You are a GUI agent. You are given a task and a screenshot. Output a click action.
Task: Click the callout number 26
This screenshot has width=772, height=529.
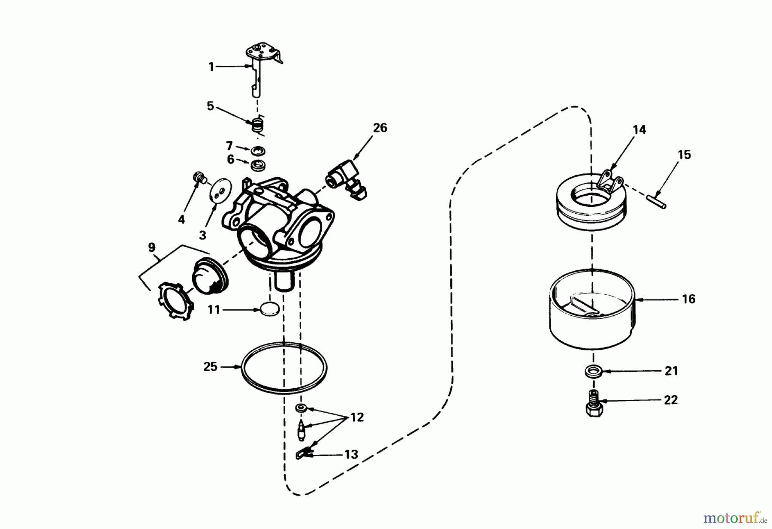pyautogui.click(x=380, y=128)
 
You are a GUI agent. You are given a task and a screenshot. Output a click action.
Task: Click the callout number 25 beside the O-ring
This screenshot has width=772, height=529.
pyautogui.click(x=210, y=367)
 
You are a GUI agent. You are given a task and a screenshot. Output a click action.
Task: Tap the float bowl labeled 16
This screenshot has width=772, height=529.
pyautogui.click(x=592, y=309)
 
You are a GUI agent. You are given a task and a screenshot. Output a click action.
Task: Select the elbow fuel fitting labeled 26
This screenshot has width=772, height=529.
pyautogui.click(x=345, y=178)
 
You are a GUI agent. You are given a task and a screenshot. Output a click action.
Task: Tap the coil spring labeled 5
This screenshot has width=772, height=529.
pyautogui.click(x=257, y=126)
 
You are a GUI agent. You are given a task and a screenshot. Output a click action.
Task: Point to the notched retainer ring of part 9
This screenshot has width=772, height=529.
pyautogui.click(x=176, y=300)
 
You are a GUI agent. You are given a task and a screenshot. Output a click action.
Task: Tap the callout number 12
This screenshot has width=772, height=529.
pyautogui.click(x=357, y=417)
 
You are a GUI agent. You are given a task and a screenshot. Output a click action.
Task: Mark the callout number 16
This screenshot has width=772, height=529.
pyautogui.click(x=688, y=299)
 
